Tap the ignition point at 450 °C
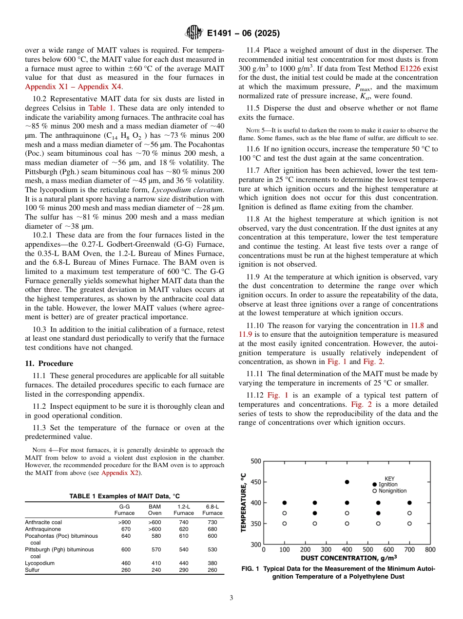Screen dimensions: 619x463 tap(347, 482)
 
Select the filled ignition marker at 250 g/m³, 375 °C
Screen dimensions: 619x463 tap(315, 513)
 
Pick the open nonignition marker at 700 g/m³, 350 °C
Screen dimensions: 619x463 tap(409, 524)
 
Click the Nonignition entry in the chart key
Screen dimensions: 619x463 tap(389, 491)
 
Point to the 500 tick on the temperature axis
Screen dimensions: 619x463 tap(255, 461)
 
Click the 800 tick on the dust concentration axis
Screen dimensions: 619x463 tap(430, 549)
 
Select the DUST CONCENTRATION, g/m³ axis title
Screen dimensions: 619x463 tap(348, 558)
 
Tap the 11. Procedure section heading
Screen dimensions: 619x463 tap(49, 364)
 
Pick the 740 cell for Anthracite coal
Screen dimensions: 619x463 tap(183, 522)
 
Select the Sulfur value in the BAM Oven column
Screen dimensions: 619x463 tap(154, 570)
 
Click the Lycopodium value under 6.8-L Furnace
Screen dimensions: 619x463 tap(212, 563)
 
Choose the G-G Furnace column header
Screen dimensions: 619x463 tap(124, 510)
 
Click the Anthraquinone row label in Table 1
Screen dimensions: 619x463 tap(43, 528)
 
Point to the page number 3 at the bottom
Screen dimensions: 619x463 tap(231, 598)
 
